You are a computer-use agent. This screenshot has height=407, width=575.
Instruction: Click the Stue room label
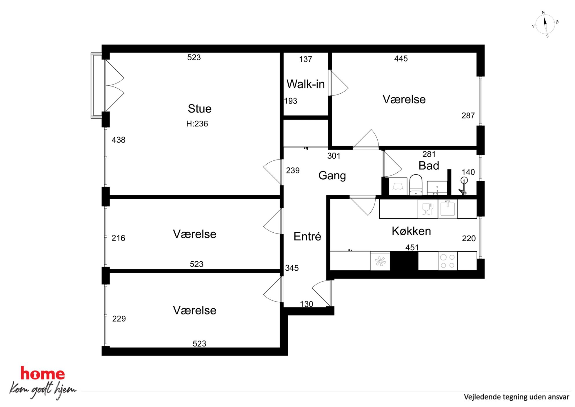[x=199, y=109]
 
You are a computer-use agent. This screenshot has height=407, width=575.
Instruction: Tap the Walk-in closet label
[x=305, y=84]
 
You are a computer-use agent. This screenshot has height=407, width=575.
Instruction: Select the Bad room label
[x=429, y=166]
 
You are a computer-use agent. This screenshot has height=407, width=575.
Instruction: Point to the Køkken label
[x=411, y=231]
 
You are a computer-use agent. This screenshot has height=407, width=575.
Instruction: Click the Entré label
[x=307, y=236]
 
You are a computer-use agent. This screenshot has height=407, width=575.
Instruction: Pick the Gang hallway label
[x=332, y=176]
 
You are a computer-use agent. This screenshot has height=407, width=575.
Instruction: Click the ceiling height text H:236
[x=197, y=124]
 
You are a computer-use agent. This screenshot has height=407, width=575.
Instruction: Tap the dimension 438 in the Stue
[x=119, y=140]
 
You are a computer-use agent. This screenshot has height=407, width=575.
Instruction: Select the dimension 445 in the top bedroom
[x=401, y=59]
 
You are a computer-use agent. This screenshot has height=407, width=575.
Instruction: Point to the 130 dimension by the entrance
[x=306, y=304]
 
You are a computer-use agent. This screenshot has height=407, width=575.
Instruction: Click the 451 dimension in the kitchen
[x=412, y=247]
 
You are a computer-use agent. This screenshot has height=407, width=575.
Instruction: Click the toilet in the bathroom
[x=416, y=185]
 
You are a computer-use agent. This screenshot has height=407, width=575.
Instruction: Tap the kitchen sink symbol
[x=447, y=209]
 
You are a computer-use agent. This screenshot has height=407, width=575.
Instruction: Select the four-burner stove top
[x=447, y=261]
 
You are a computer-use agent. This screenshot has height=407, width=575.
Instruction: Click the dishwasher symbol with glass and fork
[x=427, y=209]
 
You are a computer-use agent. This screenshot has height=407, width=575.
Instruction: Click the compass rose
[x=545, y=24]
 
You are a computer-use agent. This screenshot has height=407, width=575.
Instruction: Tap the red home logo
[x=43, y=374]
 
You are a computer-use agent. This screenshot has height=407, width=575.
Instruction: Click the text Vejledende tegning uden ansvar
[x=516, y=397]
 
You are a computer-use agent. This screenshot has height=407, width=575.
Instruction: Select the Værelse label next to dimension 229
[x=194, y=310]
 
